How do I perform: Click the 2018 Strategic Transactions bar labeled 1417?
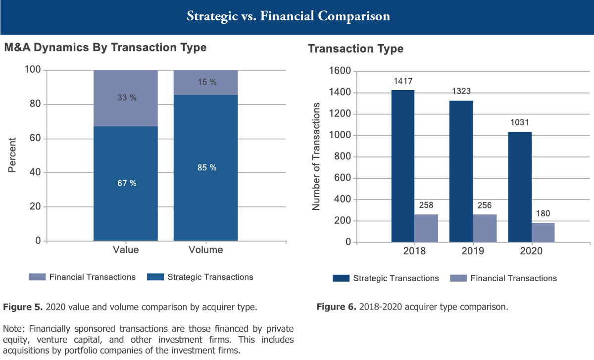(402, 166)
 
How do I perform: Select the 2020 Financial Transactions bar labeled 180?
(543, 232)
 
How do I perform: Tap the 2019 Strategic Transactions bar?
(461, 171)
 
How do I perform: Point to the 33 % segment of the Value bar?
(126, 98)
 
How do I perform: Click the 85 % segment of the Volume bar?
(205, 168)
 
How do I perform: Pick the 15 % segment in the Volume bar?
(205, 82)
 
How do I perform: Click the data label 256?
(484, 205)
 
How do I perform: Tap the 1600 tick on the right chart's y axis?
(339, 71)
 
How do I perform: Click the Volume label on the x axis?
(205, 250)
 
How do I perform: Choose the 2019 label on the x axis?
(473, 251)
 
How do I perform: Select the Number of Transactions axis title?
(316, 156)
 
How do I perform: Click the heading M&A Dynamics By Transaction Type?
(105, 48)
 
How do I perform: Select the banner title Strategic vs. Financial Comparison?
(288, 16)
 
